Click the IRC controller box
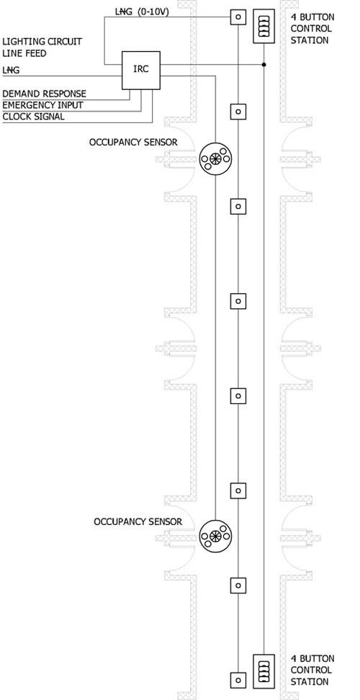[141, 70]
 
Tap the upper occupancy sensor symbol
[215, 158]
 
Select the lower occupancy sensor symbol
[215, 536]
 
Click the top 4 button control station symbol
[264, 27]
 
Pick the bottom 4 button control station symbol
[264, 671]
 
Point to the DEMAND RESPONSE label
[44, 94]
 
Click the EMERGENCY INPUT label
[42, 105]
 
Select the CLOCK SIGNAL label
[33, 117]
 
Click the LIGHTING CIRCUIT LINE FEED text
[42, 48]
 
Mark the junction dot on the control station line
[264, 65]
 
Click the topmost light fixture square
[238, 17]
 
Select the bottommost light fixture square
[238, 680]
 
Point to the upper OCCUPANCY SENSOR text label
[133, 143]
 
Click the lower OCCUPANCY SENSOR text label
[138, 521]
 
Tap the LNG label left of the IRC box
[11, 71]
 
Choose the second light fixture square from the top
[238, 111]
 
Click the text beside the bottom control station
[312, 670]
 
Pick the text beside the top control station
[312, 29]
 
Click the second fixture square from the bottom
[238, 585]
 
